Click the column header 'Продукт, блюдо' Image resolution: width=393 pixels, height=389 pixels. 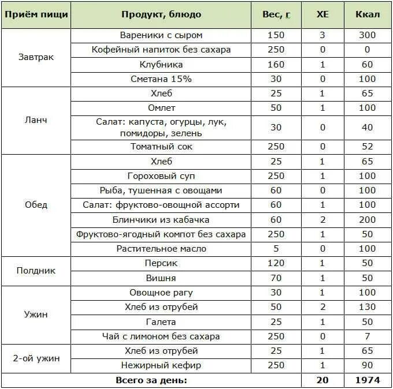(x=161, y=14)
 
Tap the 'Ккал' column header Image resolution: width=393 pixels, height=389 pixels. (x=367, y=14)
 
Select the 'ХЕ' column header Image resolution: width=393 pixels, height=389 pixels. (x=322, y=14)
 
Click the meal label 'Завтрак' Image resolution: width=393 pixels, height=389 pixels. (x=36, y=57)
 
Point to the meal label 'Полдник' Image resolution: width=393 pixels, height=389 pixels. (x=36, y=270)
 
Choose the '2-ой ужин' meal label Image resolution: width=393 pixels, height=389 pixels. (x=36, y=358)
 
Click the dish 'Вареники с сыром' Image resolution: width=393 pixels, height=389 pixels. (x=161, y=35)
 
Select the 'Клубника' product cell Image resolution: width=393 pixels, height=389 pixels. (x=161, y=64)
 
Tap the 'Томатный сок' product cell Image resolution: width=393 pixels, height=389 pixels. (x=161, y=147)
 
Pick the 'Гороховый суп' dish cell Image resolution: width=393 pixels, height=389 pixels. (x=161, y=175)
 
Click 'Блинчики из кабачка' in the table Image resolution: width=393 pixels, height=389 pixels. (x=161, y=219)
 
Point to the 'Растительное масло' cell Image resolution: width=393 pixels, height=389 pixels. (x=161, y=249)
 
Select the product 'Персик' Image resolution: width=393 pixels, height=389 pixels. (x=161, y=263)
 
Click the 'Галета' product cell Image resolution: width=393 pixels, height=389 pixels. (x=161, y=321)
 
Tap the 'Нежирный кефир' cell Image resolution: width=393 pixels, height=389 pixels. (x=161, y=365)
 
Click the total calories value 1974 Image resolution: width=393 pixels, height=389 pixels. (x=367, y=380)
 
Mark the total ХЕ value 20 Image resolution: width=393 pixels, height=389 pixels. (x=322, y=380)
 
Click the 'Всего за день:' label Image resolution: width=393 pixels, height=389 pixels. (x=151, y=380)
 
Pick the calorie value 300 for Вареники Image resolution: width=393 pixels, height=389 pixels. (x=367, y=35)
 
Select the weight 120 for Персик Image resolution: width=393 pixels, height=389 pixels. (x=276, y=263)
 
